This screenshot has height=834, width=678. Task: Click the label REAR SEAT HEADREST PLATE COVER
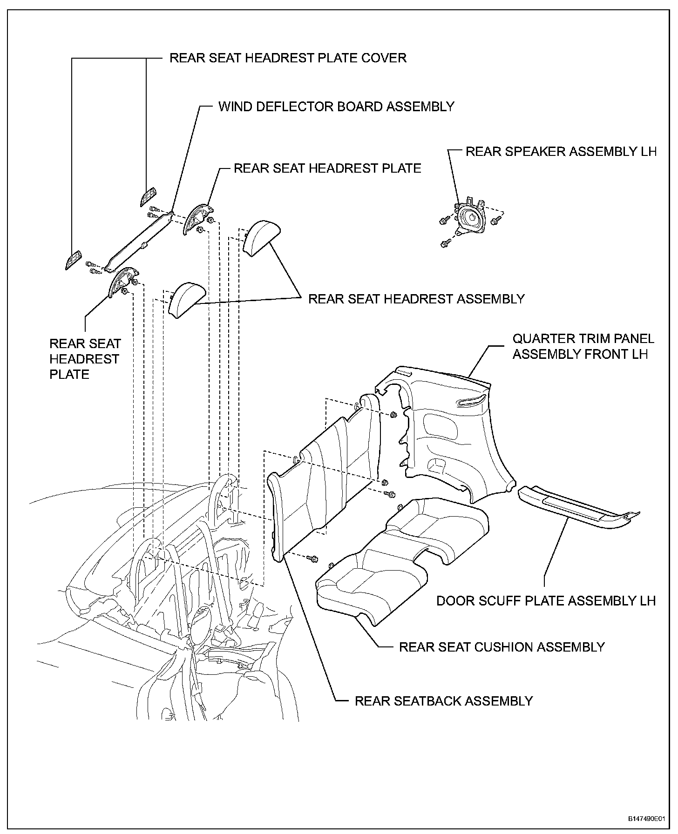[x=288, y=58]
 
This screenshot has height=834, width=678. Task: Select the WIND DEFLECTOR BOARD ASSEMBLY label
[x=336, y=107]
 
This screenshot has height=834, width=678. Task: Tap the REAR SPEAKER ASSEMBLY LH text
[x=561, y=152]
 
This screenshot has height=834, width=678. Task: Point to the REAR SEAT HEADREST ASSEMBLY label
[x=417, y=299]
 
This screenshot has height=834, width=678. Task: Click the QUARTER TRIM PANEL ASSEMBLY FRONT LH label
[x=583, y=346]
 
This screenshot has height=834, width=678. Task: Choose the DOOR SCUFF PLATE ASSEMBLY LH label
[x=546, y=601]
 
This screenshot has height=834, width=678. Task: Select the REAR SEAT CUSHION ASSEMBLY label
[x=502, y=647]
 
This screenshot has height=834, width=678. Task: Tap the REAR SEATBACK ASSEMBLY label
[x=444, y=701]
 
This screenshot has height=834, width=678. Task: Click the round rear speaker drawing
[x=471, y=218]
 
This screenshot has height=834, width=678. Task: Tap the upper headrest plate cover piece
[x=149, y=198]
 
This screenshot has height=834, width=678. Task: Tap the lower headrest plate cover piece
[x=72, y=260]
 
